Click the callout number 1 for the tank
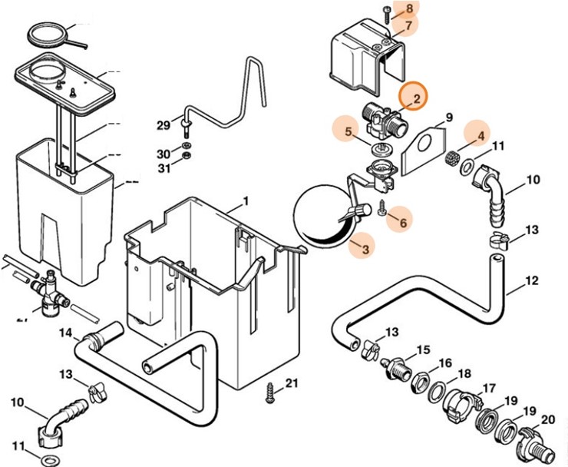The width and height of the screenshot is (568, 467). (246, 202)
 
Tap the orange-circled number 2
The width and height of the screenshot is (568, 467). (416, 98)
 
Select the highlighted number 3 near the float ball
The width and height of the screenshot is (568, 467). (365, 249)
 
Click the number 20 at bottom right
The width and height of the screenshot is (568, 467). (547, 420)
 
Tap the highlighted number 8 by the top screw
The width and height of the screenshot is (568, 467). (409, 8)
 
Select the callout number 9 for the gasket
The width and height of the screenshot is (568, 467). (449, 118)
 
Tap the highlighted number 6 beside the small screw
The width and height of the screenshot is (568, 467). (405, 221)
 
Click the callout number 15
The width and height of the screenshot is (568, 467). (422, 351)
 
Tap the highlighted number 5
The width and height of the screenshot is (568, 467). (348, 131)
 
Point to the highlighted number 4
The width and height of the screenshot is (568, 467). (481, 136)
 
